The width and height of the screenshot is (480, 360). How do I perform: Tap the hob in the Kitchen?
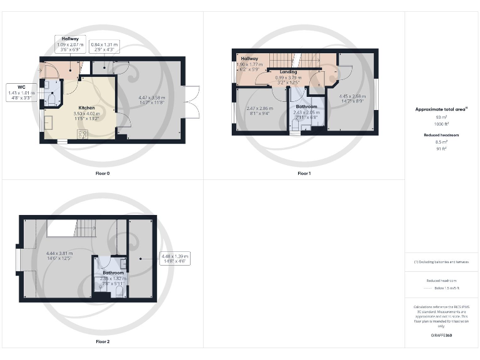[x=82, y=133]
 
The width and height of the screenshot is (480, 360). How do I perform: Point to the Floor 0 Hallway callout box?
[x=70, y=42]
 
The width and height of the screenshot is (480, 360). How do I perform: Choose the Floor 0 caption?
[x=103, y=172]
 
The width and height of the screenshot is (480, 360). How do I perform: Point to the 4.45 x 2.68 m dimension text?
[x=352, y=99]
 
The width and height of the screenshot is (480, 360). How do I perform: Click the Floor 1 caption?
[x=304, y=172]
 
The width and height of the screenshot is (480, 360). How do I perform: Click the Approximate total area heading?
[x=441, y=109]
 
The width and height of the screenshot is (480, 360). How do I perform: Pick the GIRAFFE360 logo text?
[x=441, y=336]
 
